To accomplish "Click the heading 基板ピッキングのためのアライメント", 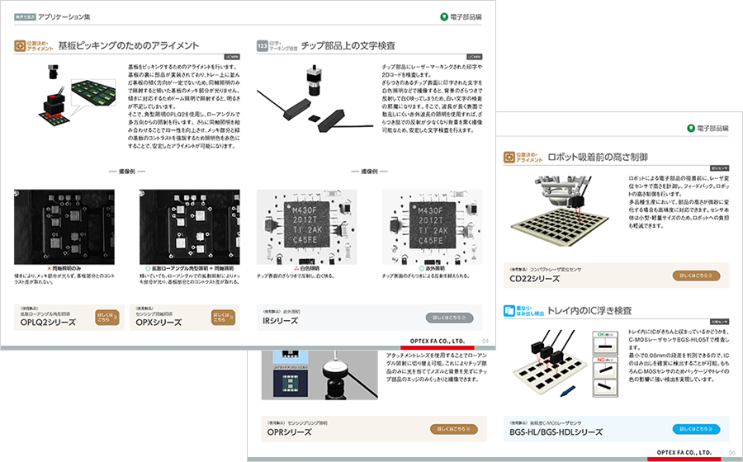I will pos(128,45).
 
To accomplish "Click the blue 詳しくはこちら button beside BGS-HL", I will pos(695,429).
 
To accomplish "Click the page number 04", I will pos(485,340).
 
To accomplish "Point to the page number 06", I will pos(731,453).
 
